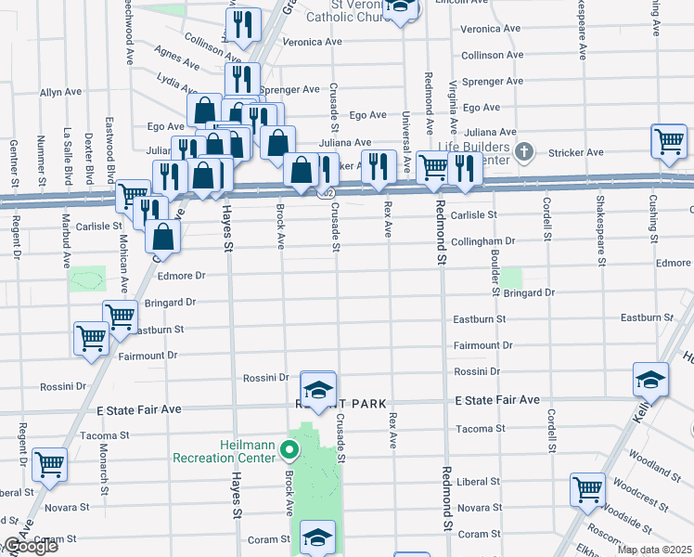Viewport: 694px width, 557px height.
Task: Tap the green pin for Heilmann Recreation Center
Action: coord(289,451)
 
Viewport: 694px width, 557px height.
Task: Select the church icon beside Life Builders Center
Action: coord(524,150)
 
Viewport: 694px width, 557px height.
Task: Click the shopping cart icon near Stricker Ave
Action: coord(668,141)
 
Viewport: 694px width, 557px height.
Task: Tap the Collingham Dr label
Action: coord(482,240)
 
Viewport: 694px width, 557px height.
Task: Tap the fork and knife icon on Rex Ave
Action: coord(378,166)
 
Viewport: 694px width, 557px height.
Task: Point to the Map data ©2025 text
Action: coord(654,550)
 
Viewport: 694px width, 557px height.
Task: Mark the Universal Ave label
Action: coord(405,140)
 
